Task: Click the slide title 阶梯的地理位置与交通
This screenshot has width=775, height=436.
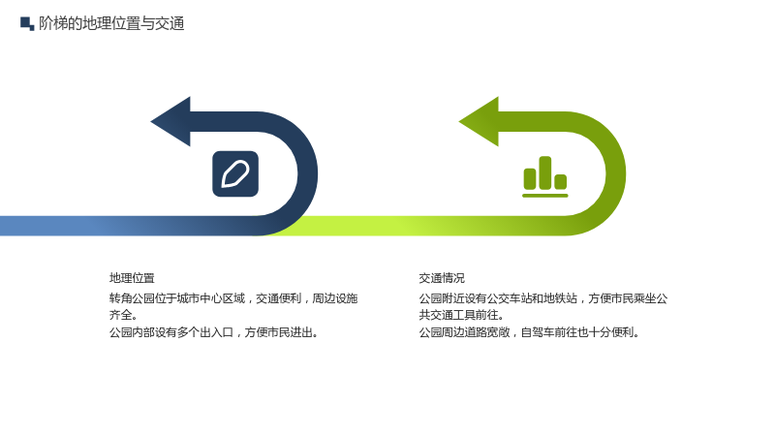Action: coord(111,23)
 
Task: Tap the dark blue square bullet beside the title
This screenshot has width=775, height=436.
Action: coord(27,23)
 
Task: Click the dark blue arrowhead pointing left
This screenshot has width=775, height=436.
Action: coord(170,122)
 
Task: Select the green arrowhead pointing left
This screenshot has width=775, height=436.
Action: coord(479,122)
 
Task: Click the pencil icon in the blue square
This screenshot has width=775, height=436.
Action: coord(235,174)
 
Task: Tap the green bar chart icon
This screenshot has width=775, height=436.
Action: coord(545,176)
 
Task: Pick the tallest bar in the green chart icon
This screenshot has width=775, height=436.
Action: coord(545,172)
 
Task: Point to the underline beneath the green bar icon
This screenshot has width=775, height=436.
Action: coord(545,196)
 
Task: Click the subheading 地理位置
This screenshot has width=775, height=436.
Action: coord(132,278)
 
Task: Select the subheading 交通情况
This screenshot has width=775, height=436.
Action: coord(442,278)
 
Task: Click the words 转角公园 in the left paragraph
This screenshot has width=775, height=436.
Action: coord(132,298)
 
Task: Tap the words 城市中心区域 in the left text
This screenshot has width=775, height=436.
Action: coord(211,298)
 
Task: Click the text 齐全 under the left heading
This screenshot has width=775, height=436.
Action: coord(120,315)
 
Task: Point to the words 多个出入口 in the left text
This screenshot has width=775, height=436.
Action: coord(205,332)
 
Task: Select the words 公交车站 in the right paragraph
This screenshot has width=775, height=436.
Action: coord(510,298)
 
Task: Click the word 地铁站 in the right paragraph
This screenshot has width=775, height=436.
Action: coord(561,298)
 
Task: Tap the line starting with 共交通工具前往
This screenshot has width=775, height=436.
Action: coord(462,315)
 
